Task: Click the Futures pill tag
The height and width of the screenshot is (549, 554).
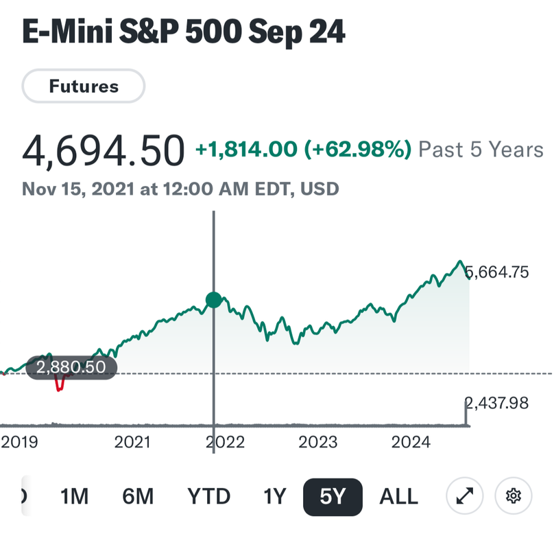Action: click(x=84, y=86)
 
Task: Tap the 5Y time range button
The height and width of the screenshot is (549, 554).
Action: click(x=333, y=496)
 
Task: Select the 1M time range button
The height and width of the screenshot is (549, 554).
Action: click(x=75, y=496)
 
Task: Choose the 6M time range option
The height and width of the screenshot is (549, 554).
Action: click(x=138, y=496)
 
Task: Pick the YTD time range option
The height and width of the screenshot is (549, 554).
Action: click(x=209, y=496)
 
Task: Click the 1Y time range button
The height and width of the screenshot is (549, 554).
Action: click(x=274, y=496)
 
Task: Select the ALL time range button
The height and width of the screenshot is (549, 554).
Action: click(x=398, y=496)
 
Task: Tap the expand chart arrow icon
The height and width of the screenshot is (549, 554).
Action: click(x=464, y=495)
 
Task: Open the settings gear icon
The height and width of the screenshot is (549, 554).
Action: click(x=514, y=495)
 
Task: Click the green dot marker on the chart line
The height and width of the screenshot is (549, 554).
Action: click(x=214, y=299)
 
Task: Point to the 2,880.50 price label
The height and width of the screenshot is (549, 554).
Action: click(x=71, y=367)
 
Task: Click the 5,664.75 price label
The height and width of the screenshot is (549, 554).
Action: click(x=499, y=272)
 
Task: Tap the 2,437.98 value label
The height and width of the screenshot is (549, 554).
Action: click(x=499, y=403)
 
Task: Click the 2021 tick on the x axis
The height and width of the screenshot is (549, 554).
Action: click(x=132, y=443)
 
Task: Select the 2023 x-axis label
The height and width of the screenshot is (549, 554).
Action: click(x=318, y=443)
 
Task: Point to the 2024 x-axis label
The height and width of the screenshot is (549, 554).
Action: click(x=411, y=443)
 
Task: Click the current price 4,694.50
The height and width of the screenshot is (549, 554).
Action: click(x=104, y=151)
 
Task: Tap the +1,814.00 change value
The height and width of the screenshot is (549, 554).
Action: click(x=246, y=149)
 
